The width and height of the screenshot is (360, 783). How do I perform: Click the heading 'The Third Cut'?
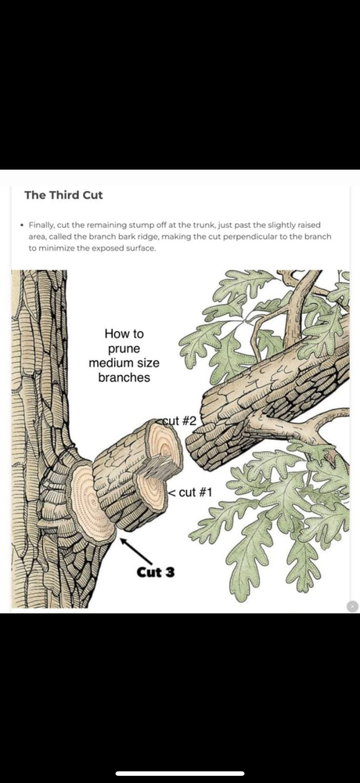click(x=63, y=195)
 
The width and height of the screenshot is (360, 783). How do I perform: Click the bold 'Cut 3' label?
click(x=156, y=572)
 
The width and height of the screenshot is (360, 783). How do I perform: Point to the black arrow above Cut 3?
click(x=135, y=550)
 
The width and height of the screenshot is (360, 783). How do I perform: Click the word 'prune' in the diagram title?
click(x=124, y=348)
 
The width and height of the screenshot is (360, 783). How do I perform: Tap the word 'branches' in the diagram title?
click(x=124, y=377)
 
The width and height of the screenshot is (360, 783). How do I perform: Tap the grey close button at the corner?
click(x=352, y=606)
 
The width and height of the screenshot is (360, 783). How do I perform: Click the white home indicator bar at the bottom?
click(x=180, y=774)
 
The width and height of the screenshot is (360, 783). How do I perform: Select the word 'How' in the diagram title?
click(x=115, y=334)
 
